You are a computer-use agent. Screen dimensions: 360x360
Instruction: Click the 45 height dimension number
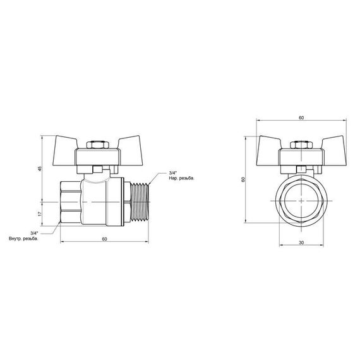(x=40, y=169)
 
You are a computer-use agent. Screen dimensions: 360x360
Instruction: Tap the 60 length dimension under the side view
(x=104, y=239)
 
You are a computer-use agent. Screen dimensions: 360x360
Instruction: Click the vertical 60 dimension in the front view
(x=243, y=180)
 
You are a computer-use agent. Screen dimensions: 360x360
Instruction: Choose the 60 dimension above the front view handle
(x=301, y=118)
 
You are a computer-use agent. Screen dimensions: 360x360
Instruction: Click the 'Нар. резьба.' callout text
(x=182, y=179)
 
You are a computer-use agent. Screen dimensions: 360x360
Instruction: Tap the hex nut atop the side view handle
(x=96, y=145)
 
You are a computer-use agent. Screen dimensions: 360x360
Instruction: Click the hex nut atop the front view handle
(x=301, y=145)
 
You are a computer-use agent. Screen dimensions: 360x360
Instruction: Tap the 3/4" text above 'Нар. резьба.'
(x=173, y=172)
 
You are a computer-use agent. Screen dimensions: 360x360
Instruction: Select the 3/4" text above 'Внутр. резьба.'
(x=35, y=232)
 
